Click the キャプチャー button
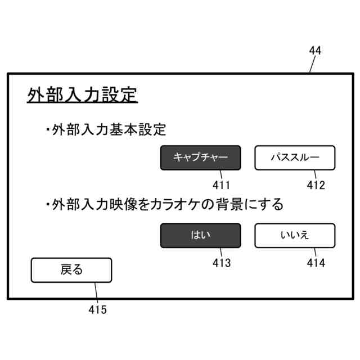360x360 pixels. tap(200, 158)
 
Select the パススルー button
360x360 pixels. tap(295, 158)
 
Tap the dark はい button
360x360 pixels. tap(200, 236)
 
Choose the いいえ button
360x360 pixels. tap(295, 236)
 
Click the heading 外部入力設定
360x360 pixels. tap(82, 94)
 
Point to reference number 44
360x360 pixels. tap(315, 51)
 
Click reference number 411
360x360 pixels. tap(221, 185)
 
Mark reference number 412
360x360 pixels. tap(316, 185)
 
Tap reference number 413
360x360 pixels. tap(221, 263)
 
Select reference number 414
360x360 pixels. tap(316, 263)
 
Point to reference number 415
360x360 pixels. tap(97, 309)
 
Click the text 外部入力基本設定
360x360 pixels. tap(109, 130)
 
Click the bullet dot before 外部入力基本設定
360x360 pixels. tap(48, 130)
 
